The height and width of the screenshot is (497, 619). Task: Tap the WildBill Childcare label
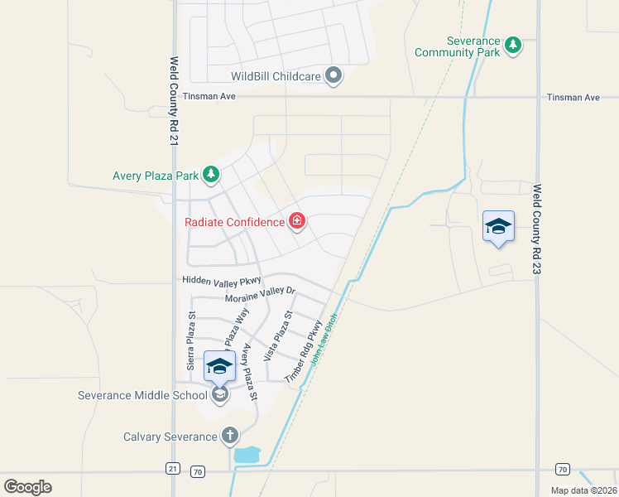click(x=275, y=76)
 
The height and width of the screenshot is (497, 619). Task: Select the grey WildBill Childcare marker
click(x=333, y=76)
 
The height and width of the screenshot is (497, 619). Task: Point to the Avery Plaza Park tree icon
click(x=212, y=174)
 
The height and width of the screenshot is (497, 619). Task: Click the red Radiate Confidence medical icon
click(x=296, y=221)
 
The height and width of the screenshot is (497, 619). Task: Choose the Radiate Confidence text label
click(x=233, y=222)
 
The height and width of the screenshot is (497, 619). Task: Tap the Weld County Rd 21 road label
click(x=175, y=102)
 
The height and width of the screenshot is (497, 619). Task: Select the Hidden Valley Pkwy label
click(x=222, y=282)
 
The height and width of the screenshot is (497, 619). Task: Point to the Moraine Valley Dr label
click(x=260, y=294)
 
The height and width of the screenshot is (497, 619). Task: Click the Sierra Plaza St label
click(x=190, y=340)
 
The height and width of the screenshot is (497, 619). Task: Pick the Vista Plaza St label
click(x=279, y=335)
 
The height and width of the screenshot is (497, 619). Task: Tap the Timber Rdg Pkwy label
click(x=303, y=357)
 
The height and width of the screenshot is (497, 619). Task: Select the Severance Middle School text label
click(x=142, y=395)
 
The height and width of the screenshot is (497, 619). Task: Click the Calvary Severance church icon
click(x=229, y=436)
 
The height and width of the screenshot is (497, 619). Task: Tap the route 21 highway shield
click(x=172, y=469)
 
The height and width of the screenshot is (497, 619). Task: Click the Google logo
click(x=27, y=486)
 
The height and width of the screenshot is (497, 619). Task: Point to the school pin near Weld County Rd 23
click(x=498, y=226)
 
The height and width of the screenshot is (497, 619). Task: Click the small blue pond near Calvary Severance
click(x=247, y=454)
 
